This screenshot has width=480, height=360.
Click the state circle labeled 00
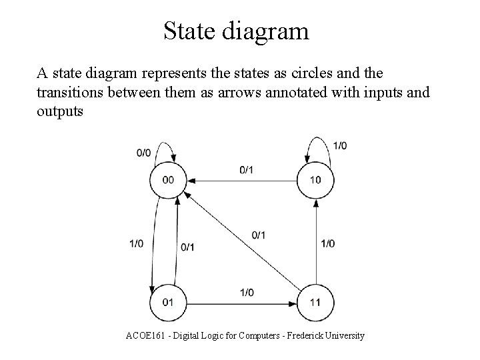[x=168, y=180]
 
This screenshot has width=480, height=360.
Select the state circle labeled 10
[x=315, y=180]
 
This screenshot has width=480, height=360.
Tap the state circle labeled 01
[x=168, y=303]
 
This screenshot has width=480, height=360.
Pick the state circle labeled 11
[x=315, y=303]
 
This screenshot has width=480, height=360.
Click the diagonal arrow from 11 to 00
[x=241, y=241]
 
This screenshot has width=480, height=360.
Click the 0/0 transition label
[x=143, y=153]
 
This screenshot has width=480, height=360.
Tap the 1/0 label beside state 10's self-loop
[x=339, y=145]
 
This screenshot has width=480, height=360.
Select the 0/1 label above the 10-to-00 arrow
[x=246, y=170]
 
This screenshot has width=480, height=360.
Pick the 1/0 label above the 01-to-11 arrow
[x=246, y=293]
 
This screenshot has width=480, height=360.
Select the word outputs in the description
[x=60, y=111]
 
